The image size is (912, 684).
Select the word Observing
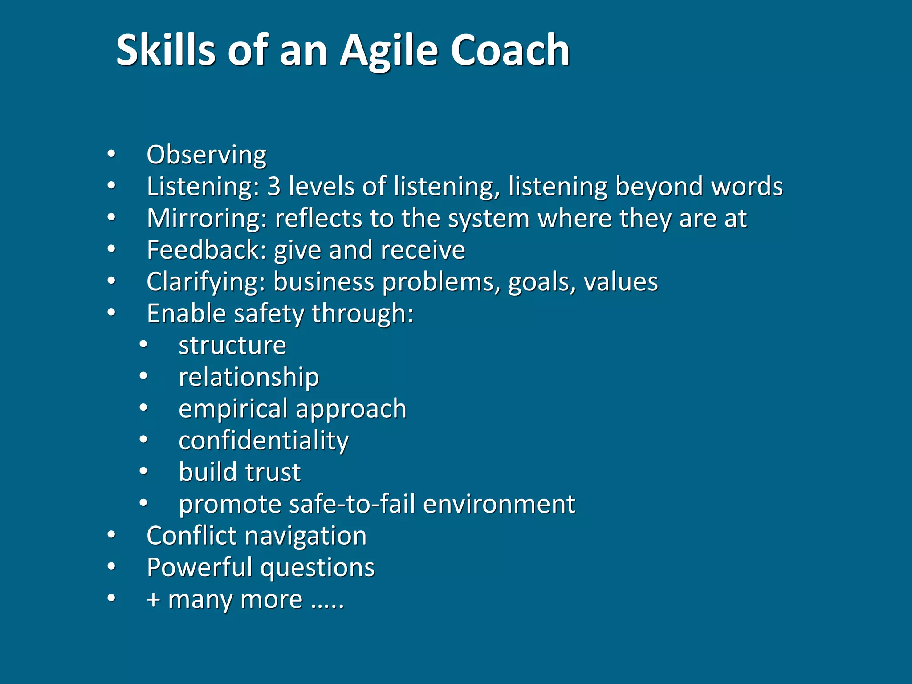point(206,155)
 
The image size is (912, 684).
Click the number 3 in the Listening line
point(274,186)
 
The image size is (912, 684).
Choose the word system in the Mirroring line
point(489,219)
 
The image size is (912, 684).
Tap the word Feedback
point(206,250)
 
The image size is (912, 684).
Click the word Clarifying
point(206,282)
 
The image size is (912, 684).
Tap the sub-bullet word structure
point(232,346)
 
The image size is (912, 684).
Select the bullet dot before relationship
point(143,377)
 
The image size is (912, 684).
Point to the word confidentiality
point(264,441)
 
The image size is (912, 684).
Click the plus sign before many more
point(153,600)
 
